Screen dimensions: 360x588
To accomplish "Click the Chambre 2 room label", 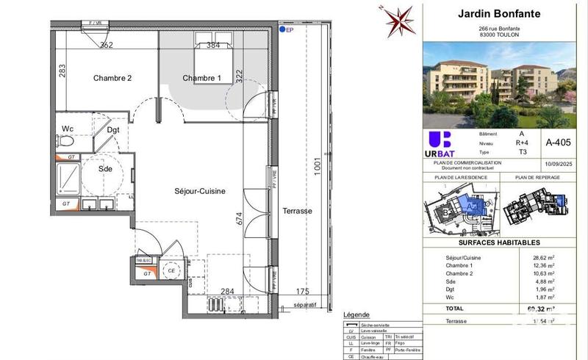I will point(112,79).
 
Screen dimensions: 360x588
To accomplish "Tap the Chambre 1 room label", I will point(201,79).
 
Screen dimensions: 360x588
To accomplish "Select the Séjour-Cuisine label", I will point(200,191).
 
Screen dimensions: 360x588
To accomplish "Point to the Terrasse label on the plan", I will point(298,211).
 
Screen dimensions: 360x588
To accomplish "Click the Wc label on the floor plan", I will point(68,129).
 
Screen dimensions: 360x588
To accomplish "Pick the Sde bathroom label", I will point(106,168).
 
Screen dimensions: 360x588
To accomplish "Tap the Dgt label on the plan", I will point(113,130).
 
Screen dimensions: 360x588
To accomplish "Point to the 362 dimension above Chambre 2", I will point(106,45).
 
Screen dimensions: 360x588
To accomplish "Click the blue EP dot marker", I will point(282,31).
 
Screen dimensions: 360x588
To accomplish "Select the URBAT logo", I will point(440,143).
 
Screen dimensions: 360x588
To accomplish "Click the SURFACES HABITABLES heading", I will point(500,242).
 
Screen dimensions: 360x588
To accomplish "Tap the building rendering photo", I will point(500,84).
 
